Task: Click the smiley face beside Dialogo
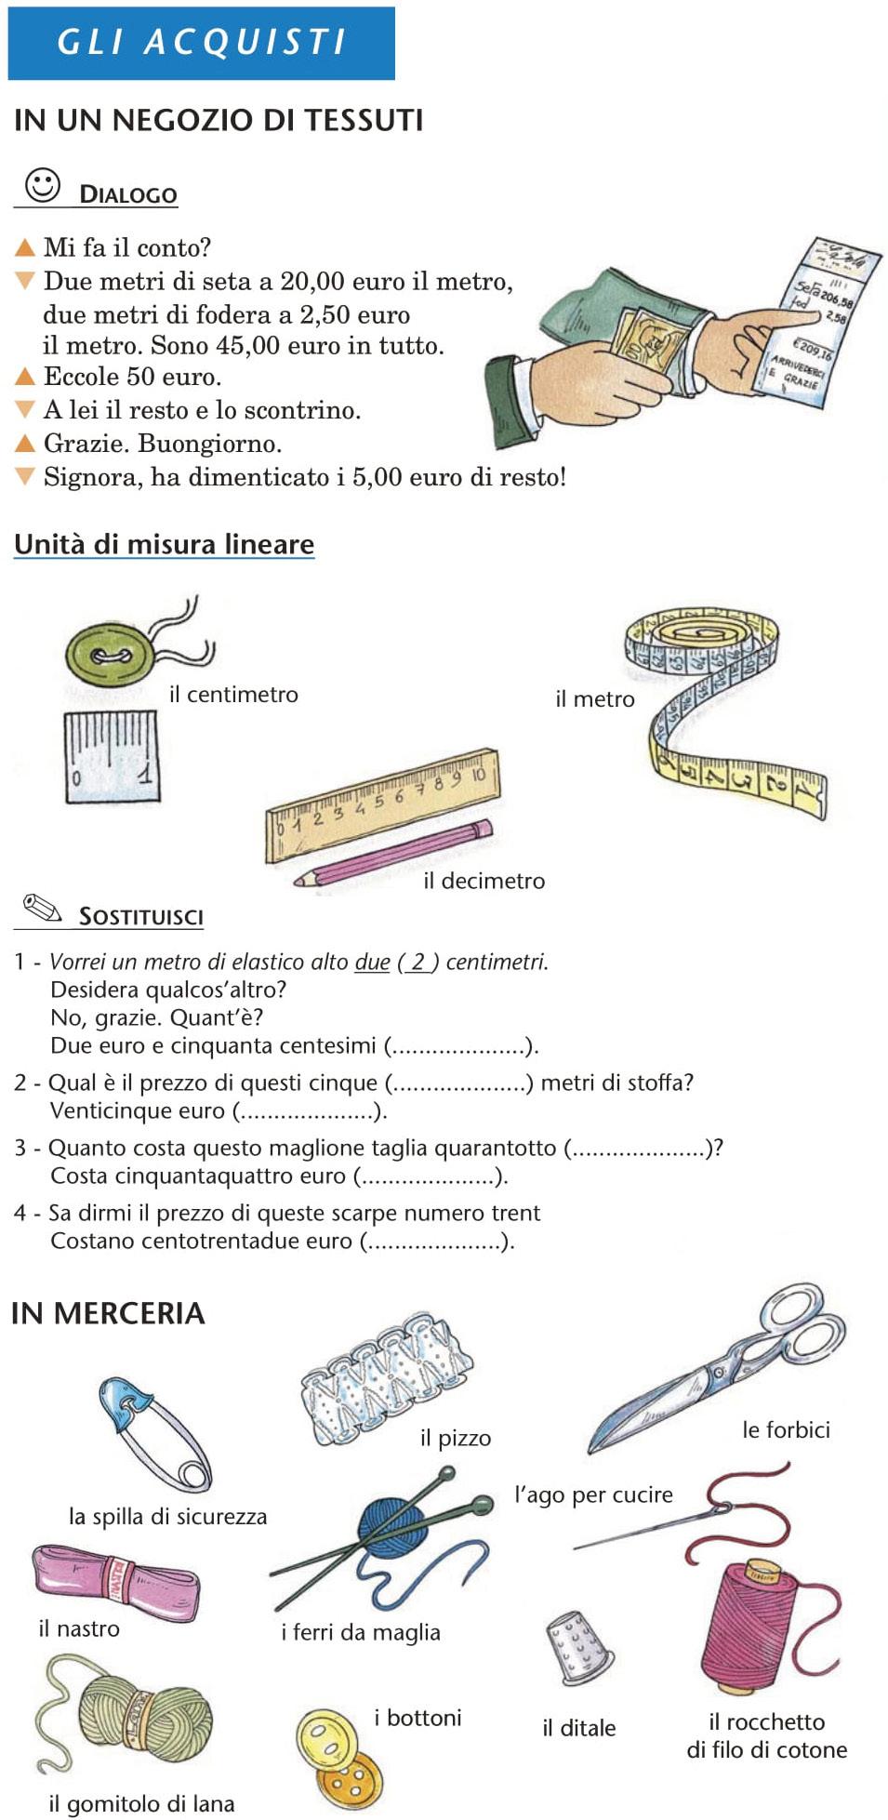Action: click(x=43, y=185)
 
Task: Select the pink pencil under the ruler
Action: click(x=395, y=853)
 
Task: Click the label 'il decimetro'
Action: click(x=484, y=881)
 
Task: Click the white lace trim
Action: click(x=384, y=1376)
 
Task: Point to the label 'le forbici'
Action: click(x=786, y=1429)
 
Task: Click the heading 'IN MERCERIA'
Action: click(x=108, y=1313)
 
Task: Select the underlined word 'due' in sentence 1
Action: click(x=372, y=962)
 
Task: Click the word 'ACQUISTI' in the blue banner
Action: click(x=245, y=42)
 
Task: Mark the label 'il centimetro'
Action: click(x=233, y=695)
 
